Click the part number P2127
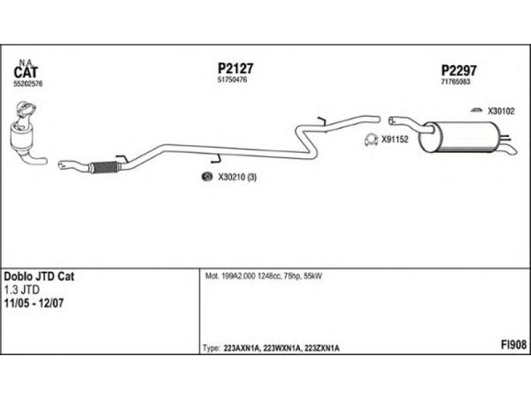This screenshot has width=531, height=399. coord(236,68)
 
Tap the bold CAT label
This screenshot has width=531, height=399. coord(27,72)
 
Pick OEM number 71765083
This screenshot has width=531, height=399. coord(456,82)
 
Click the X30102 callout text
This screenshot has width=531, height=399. coord(501,111)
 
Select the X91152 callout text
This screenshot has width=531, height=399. coord(395,140)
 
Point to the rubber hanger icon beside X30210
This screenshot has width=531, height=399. coord(206,176)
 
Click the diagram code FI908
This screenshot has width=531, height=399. coord(513,344)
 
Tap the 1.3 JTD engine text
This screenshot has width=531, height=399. coord(21,289)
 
